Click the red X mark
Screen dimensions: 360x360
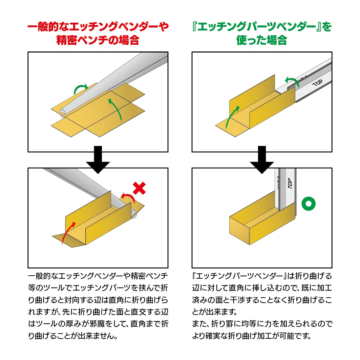(140, 188)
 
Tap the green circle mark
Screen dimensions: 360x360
(308, 204)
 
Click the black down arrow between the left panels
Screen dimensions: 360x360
(98, 160)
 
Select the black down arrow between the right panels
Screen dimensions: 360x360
(262, 160)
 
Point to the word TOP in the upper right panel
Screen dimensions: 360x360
(317, 83)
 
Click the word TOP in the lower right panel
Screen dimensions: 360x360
(290, 183)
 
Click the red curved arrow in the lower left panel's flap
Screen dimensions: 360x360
(68, 233)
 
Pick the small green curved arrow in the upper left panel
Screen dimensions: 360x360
(80, 89)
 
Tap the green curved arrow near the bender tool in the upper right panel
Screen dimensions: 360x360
(292, 81)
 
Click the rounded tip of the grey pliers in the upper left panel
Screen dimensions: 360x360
(63, 111)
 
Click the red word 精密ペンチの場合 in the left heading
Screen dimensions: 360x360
(98, 40)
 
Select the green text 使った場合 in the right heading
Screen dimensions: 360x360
(262, 40)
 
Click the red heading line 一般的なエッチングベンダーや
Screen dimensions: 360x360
(98, 27)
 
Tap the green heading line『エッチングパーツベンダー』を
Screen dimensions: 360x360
(262, 27)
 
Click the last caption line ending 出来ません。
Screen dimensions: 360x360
(73, 336)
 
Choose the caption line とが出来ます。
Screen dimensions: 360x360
(215, 312)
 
